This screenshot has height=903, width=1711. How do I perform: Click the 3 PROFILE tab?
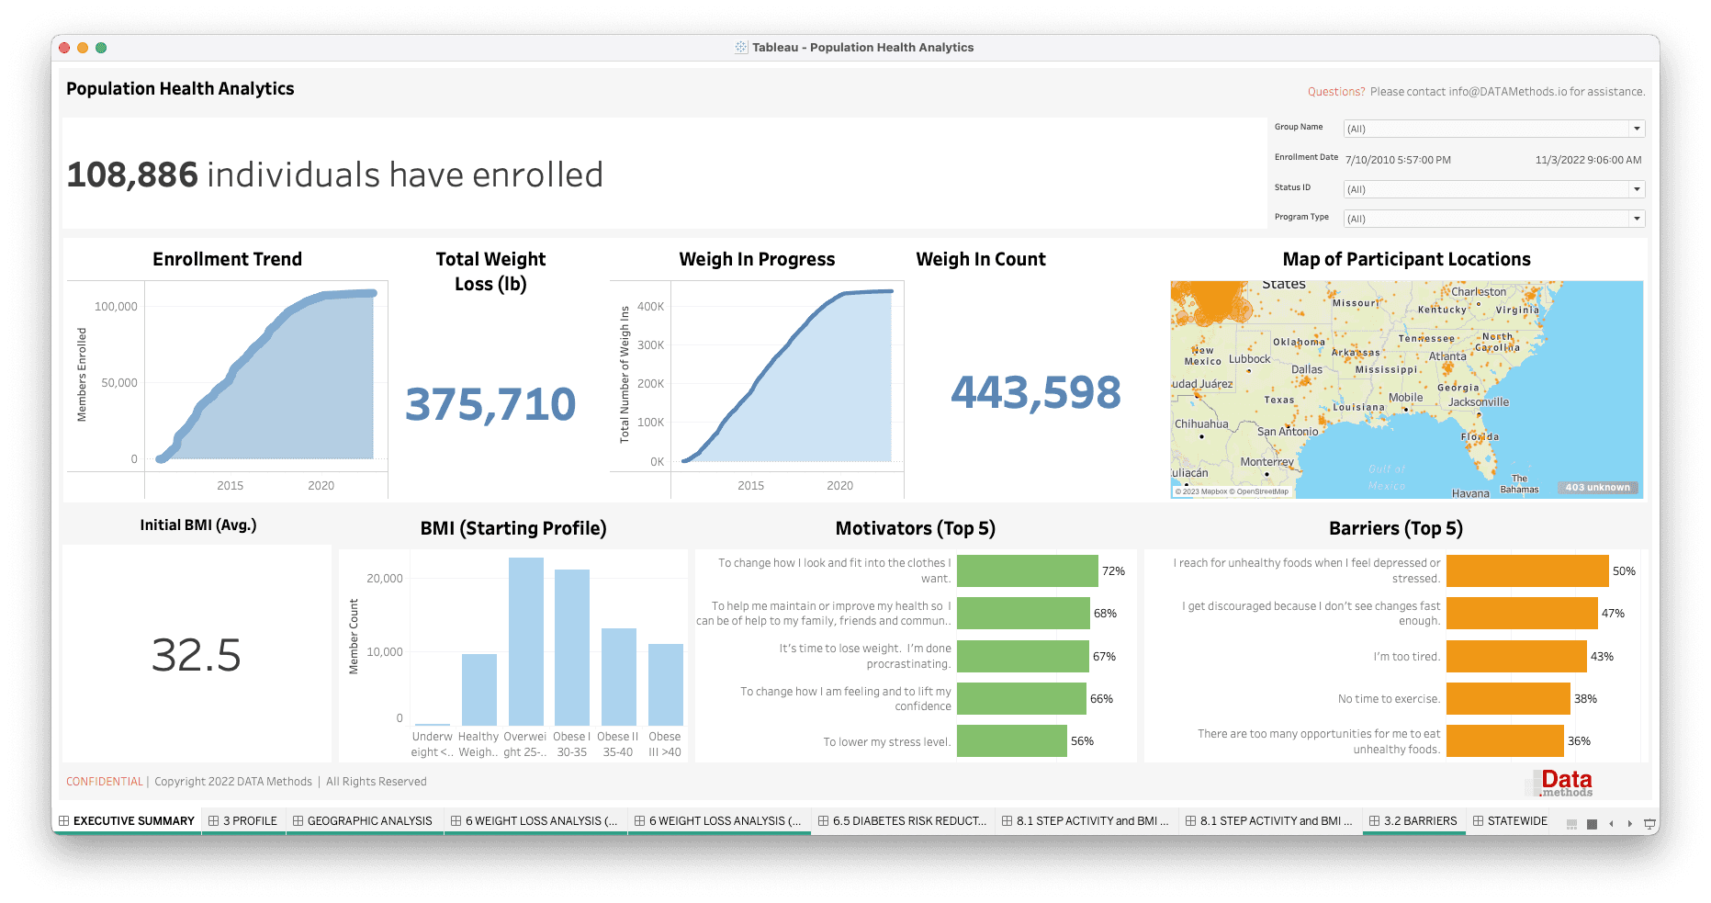coord(243,820)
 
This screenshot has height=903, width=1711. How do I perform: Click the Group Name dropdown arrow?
coord(1636,129)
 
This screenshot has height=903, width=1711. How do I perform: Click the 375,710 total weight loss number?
coord(490,404)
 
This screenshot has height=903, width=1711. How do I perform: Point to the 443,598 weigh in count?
coord(1035,392)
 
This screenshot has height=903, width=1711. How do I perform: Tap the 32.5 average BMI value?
coord(197,655)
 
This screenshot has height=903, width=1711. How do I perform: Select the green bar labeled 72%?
coord(1027,570)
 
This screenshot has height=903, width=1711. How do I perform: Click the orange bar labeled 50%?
coord(1526,570)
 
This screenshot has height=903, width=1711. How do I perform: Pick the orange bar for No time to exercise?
coord(1507,698)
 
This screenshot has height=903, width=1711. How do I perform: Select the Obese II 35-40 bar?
coord(618,676)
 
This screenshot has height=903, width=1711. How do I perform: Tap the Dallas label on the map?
coord(1306,369)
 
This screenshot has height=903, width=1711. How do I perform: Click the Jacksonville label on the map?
coord(1478,401)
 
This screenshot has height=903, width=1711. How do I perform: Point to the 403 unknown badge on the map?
coord(1597,487)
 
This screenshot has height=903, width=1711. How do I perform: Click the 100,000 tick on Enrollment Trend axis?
coord(116,307)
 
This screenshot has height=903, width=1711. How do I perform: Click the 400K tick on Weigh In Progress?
coord(650,307)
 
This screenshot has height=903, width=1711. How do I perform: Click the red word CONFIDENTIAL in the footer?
coord(105,782)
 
